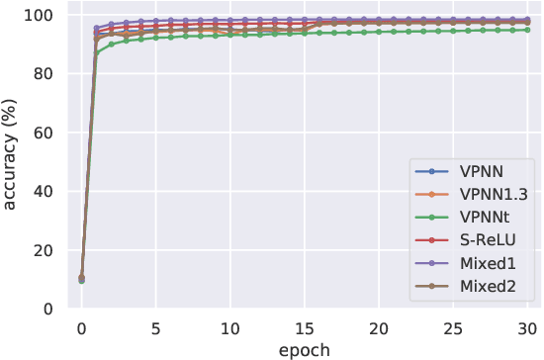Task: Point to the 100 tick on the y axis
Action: (39, 15)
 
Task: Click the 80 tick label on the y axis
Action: (44, 74)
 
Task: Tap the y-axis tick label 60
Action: (44, 133)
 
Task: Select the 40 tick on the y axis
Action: (44, 192)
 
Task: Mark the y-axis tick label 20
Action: (44, 250)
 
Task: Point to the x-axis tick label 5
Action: (155, 327)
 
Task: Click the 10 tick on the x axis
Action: (230, 327)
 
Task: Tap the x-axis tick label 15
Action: (305, 327)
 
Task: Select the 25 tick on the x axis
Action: (453, 327)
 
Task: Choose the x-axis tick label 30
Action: (527, 327)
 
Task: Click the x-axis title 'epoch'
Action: (305, 349)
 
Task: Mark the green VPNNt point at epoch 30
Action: (527, 30)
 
